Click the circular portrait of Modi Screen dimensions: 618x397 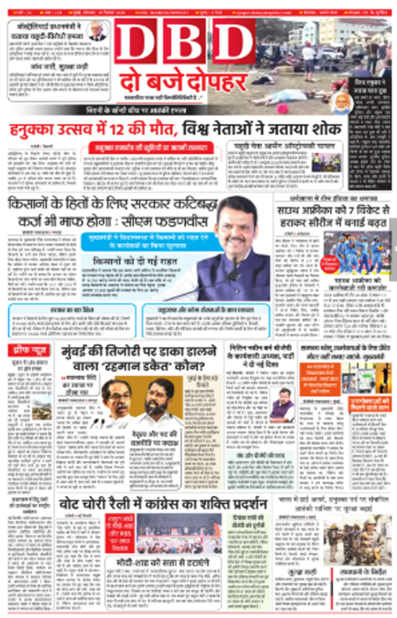[342, 103]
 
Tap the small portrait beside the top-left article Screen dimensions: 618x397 [98, 31]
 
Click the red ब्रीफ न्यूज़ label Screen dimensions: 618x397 [29, 350]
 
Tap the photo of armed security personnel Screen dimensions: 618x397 [357, 540]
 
